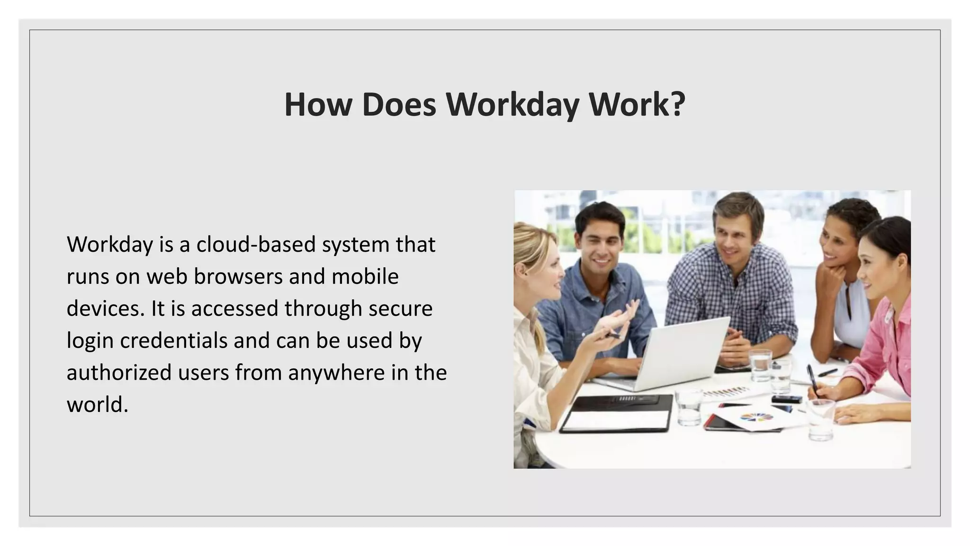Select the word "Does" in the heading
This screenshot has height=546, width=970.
tap(399, 104)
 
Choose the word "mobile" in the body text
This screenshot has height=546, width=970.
tap(365, 276)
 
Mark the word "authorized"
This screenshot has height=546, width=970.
tap(119, 373)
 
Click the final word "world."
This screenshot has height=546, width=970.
tap(98, 404)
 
